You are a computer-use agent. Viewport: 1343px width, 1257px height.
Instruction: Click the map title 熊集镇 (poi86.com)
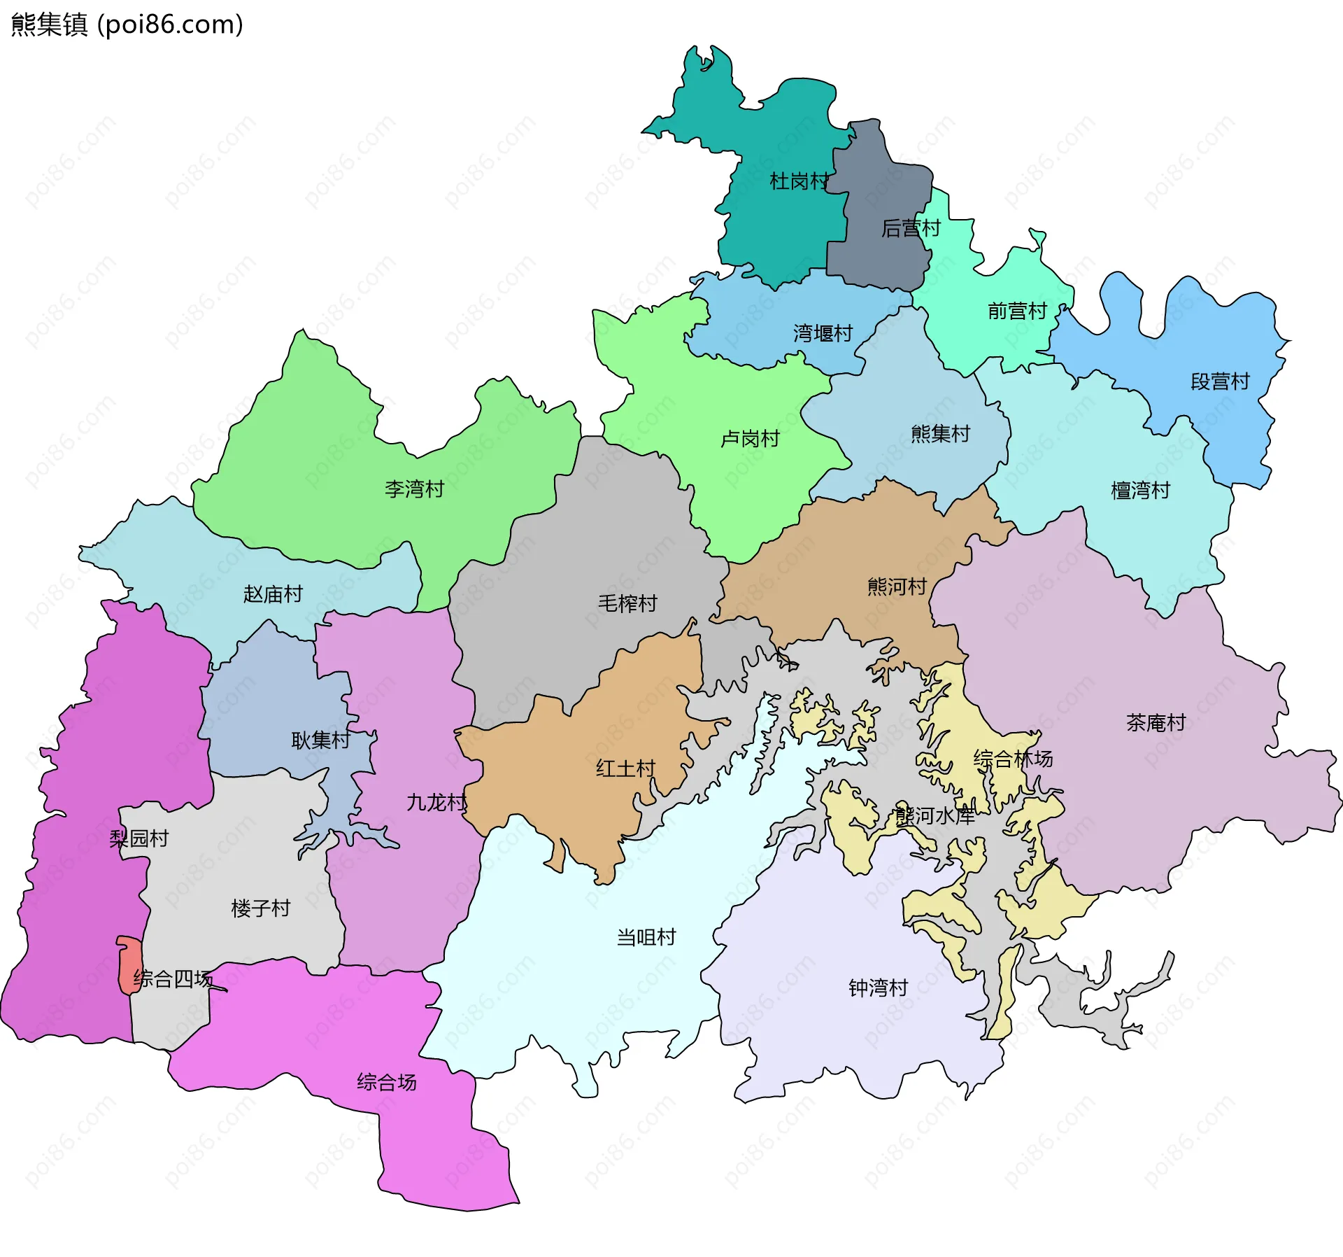127,24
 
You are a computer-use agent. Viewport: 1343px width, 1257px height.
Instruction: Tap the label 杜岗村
799,181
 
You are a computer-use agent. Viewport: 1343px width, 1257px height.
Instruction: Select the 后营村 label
911,228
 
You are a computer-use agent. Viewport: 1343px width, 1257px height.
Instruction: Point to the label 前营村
1017,311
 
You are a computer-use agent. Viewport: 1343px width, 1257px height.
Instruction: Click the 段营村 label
1220,381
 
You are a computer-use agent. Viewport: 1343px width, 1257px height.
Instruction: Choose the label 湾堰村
823,333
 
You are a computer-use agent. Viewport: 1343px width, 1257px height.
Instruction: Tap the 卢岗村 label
750,439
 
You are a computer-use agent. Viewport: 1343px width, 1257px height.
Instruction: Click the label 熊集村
940,434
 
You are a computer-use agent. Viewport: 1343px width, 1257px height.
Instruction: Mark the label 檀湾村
1140,491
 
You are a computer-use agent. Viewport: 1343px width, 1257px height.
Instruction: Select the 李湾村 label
414,489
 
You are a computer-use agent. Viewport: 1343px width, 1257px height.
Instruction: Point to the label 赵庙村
273,594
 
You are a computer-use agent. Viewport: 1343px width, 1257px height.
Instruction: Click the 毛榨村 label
627,603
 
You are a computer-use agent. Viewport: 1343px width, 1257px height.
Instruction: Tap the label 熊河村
897,587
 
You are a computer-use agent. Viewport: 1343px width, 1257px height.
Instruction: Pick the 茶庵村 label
1156,723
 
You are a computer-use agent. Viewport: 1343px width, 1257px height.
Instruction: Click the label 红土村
625,768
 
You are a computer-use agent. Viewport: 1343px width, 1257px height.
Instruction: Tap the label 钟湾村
878,988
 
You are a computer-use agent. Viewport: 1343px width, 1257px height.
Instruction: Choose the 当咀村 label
646,937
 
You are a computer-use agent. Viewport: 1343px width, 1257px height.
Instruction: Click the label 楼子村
260,908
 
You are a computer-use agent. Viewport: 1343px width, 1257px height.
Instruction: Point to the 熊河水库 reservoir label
935,815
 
